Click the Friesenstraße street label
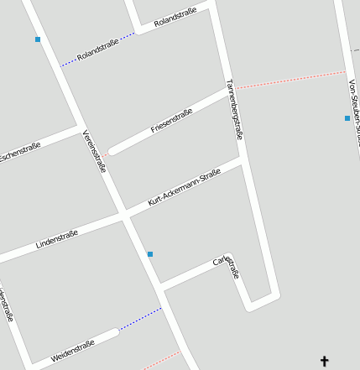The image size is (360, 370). pos(171,121)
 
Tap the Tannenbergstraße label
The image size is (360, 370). pos(239,109)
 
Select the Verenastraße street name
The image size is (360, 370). pos(94,152)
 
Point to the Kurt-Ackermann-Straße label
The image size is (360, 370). pos(184,187)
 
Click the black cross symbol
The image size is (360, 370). pos(325,362)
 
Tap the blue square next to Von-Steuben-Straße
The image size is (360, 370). pos(347,118)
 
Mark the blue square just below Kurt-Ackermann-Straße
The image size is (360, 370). pos(150,254)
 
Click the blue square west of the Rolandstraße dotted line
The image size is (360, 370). pos(38,39)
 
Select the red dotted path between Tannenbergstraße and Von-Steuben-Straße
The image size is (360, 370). pos(290,80)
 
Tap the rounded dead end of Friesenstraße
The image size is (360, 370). pos(112,151)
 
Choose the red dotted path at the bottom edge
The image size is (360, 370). pos(162,362)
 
